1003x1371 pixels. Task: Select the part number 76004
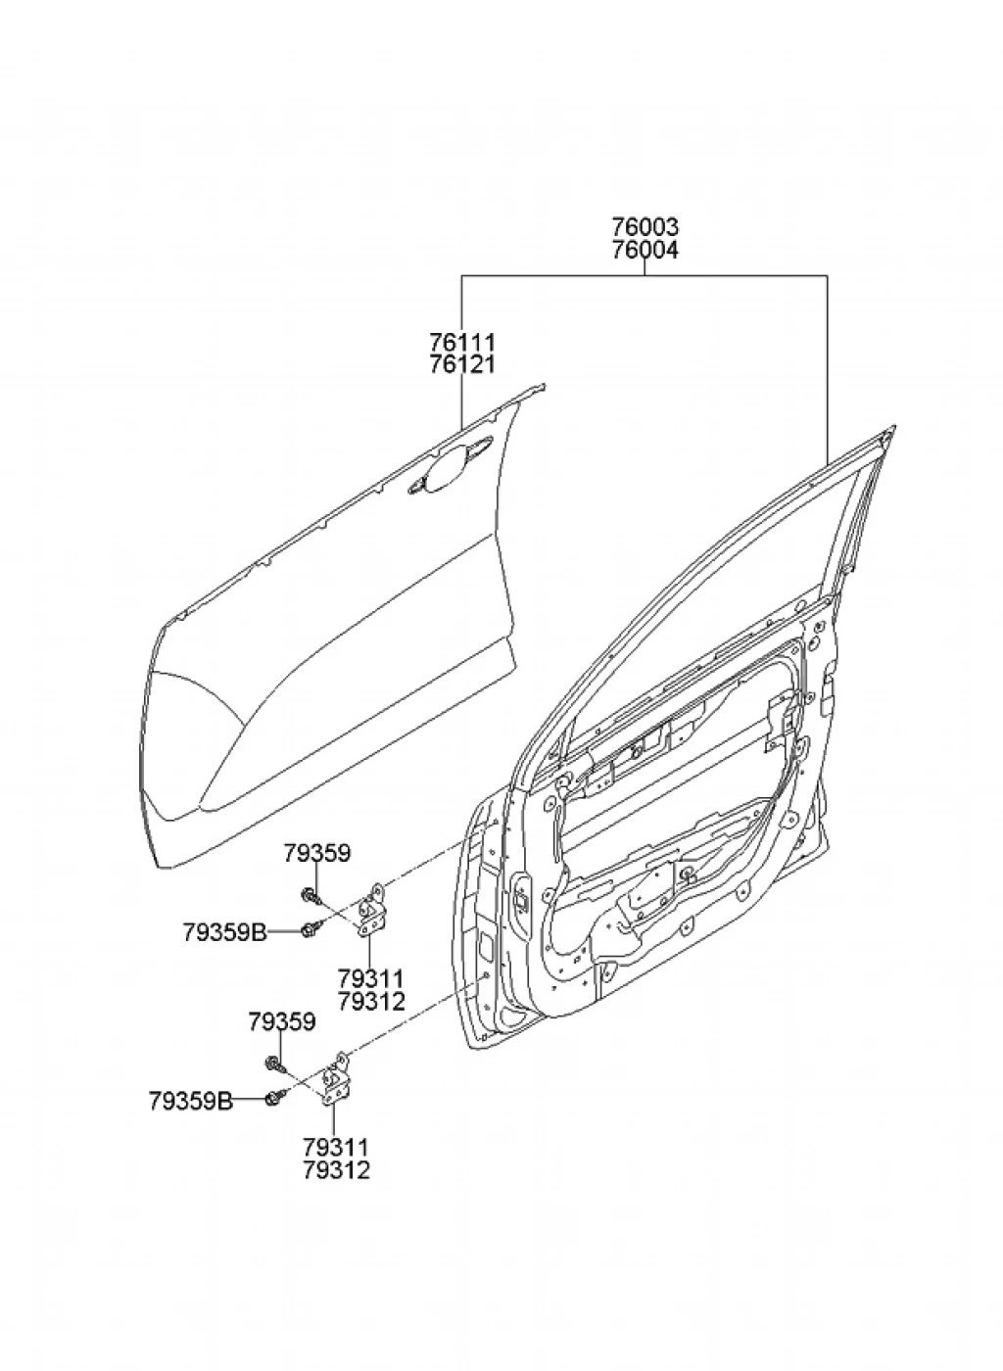(645, 250)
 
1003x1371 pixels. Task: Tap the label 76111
(462, 343)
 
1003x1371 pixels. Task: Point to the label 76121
(462, 364)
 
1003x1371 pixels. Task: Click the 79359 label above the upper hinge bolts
(317, 853)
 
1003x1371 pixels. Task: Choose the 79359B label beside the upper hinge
(224, 931)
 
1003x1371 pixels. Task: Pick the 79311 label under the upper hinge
(371, 978)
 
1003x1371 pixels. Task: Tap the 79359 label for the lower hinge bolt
(282, 1022)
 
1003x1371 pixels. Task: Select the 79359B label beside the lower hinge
(191, 1101)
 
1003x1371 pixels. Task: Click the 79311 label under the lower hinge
(337, 1147)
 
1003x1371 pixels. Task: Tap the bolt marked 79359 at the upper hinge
(310, 894)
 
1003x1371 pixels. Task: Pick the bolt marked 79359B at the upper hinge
(310, 929)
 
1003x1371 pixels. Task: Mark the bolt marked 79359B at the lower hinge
(274, 1099)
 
